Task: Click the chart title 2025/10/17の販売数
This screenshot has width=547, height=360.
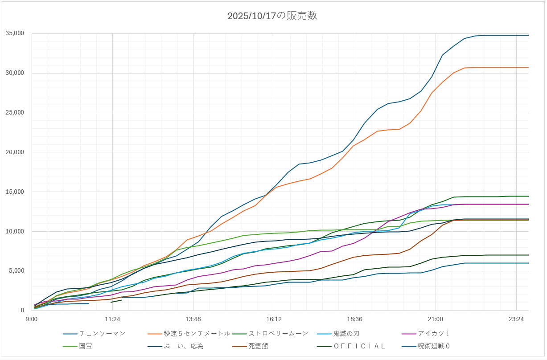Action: coord(272,16)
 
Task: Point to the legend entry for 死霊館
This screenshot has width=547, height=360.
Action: coord(259,346)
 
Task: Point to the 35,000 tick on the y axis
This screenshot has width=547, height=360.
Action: coord(15,33)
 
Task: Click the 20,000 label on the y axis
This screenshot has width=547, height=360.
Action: coord(15,152)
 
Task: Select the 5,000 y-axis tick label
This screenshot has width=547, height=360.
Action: coord(17,271)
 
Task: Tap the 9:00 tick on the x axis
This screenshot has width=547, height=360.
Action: coord(32,319)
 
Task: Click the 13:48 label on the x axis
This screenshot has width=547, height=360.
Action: coord(193,319)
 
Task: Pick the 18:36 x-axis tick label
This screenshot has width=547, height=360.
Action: coord(354,319)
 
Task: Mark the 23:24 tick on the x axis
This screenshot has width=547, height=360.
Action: coord(516,319)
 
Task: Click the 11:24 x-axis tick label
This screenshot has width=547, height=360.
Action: coord(112,319)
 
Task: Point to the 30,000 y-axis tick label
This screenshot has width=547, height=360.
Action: coord(15,73)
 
